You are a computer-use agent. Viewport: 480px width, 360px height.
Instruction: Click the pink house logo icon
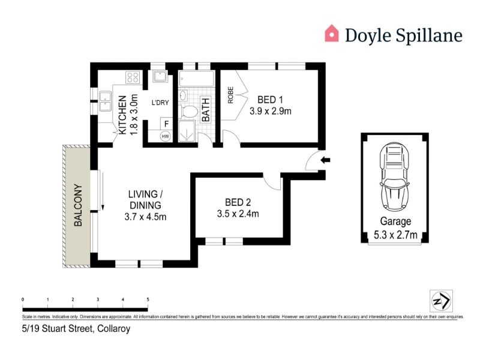pos(332,33)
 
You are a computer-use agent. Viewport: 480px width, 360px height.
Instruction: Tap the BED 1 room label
pos(270,100)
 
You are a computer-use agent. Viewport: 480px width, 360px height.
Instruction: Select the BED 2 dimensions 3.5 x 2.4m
pos(238,214)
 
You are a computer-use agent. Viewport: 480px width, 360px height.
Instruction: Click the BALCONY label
pos(78,205)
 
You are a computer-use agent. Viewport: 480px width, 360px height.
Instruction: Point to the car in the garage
pos(395,176)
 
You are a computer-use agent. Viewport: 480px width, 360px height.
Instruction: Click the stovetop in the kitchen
pos(133,77)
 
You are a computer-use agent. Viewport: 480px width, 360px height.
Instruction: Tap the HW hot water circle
pos(166,136)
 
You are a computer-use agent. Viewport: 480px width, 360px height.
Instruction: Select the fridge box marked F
pos(167,124)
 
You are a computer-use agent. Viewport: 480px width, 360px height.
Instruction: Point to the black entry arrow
pos(325,160)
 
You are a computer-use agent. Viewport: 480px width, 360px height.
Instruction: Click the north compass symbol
pos(441,301)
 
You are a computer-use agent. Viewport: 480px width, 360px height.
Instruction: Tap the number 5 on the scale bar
pos(148,299)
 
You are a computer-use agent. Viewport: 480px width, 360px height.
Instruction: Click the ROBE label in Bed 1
pos(230,95)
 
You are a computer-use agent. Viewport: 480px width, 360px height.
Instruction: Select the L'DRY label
pos(160,103)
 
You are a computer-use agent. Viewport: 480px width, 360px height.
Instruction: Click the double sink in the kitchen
pos(106,101)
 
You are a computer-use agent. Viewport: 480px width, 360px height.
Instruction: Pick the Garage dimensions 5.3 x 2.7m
pos(395,235)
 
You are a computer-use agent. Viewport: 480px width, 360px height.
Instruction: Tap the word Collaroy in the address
pos(113,329)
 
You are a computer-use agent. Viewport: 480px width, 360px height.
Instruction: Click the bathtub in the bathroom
pos(197,79)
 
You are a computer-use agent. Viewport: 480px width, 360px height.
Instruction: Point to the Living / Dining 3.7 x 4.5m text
pos(145,205)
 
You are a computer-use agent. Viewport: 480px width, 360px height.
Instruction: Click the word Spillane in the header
pos(429,35)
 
